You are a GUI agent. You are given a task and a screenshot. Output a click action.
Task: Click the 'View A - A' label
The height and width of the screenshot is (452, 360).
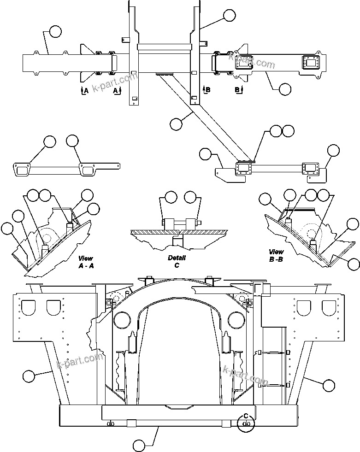click(x=86, y=262)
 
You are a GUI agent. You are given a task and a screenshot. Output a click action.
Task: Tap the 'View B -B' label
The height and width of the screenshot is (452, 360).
click(x=276, y=255)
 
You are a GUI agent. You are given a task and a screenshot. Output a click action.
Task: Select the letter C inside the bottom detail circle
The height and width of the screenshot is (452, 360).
click(x=246, y=416)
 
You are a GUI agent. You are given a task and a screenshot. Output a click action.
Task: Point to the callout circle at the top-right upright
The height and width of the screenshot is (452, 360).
click(x=229, y=15)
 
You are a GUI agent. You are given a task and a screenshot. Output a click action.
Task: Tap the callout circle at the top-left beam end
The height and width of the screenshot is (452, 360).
click(x=55, y=31)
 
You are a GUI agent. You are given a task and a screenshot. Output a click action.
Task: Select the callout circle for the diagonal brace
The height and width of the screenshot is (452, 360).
click(x=176, y=123)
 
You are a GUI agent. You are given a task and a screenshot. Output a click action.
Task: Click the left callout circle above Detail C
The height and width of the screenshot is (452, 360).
click(x=171, y=198)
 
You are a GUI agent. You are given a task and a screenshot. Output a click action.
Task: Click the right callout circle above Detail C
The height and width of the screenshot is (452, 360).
click(x=190, y=198)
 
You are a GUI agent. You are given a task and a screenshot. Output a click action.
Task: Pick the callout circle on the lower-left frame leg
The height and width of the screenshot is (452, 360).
click(x=29, y=376)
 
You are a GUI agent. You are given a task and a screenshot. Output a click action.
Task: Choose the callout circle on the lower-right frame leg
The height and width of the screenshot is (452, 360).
click(x=329, y=384)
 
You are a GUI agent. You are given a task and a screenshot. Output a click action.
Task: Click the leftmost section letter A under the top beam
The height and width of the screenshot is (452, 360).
click(x=85, y=91)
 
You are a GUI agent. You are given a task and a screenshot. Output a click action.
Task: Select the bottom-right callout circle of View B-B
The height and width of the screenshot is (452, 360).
click(x=353, y=264)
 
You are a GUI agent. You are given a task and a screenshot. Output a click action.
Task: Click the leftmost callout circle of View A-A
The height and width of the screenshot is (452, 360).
click(x=7, y=228)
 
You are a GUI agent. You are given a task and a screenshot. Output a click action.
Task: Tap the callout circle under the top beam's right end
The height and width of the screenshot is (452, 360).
click(x=285, y=89)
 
